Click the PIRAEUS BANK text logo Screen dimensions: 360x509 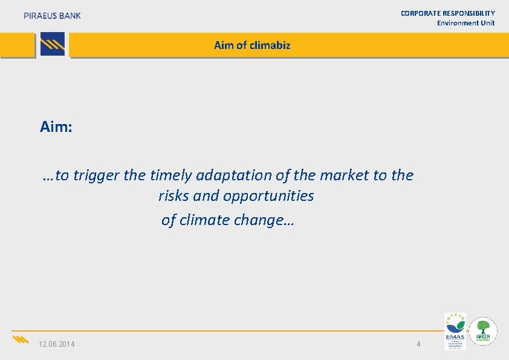(x=52, y=16)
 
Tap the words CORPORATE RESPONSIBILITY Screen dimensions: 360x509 (x=447, y=13)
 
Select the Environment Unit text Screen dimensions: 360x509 (x=465, y=23)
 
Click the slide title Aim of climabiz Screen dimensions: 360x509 (x=252, y=45)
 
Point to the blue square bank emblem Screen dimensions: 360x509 (x=53, y=45)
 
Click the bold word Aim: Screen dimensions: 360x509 (x=56, y=126)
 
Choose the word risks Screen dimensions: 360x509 (x=174, y=196)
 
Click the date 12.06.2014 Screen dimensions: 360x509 (x=57, y=344)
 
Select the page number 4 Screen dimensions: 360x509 (x=418, y=344)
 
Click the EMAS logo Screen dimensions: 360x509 (x=455, y=331)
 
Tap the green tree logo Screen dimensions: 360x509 (x=484, y=331)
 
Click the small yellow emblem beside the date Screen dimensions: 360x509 (x=21, y=339)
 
